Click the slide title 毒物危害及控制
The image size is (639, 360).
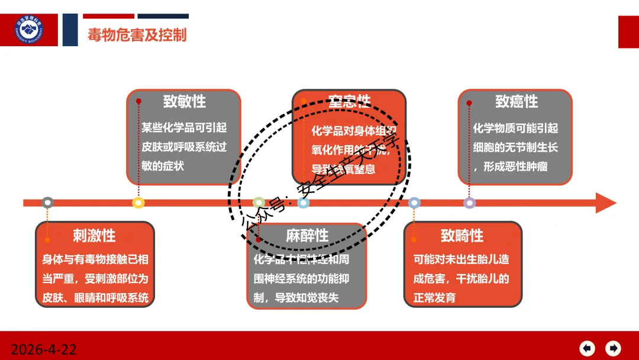pyautogui.click(x=137, y=34)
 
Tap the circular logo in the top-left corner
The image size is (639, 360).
pyautogui.click(x=30, y=30)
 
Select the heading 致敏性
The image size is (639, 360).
pyautogui.click(x=184, y=102)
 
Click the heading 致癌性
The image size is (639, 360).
pyautogui.click(x=516, y=102)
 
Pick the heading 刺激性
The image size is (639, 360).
pyautogui.click(x=94, y=236)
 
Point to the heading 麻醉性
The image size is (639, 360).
pyautogui.click(x=306, y=236)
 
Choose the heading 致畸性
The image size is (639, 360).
pyautogui.click(x=461, y=236)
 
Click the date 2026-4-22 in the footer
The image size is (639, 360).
pyautogui.click(x=44, y=349)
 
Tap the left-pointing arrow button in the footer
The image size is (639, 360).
pyautogui.click(x=587, y=348)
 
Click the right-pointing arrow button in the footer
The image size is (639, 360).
pyautogui.click(x=614, y=348)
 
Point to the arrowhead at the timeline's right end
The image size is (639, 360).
pyautogui.click(x=605, y=202)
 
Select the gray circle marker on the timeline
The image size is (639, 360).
pyautogui.click(x=48, y=202)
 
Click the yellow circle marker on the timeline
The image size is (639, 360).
pyautogui.click(x=138, y=202)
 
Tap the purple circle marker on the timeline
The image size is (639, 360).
pyautogui.click(x=469, y=202)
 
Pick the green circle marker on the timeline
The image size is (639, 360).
pyautogui.click(x=259, y=202)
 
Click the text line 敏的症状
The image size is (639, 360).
pyautogui.click(x=163, y=166)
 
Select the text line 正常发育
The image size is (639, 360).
pyautogui.click(x=434, y=298)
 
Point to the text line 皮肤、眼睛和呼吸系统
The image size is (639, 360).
pyautogui.click(x=95, y=298)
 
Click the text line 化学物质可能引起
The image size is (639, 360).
pyautogui.click(x=515, y=128)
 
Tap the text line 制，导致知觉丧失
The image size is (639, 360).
pyautogui.click(x=296, y=298)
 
